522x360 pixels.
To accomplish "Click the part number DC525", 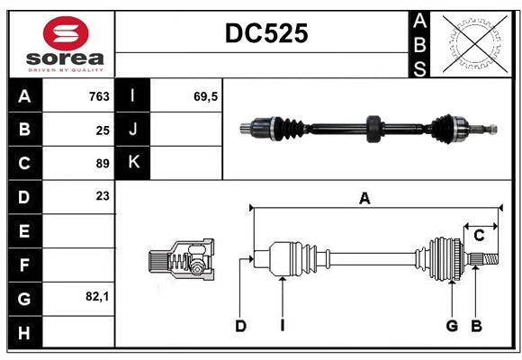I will tap(265, 33).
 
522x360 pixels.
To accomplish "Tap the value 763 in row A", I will tap(99, 96).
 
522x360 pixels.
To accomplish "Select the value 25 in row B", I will tap(103, 130).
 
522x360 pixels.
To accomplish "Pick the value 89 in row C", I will tap(103, 163).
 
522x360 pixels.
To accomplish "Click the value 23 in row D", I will tap(103, 196).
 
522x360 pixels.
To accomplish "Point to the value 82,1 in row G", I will tap(97, 295).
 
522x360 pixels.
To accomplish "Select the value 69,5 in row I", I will tap(206, 96).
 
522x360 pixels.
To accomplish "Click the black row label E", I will tap(24, 230).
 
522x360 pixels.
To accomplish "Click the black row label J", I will tap(133, 130).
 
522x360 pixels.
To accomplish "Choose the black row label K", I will tap(133, 163).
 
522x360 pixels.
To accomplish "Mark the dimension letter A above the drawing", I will tap(364, 199).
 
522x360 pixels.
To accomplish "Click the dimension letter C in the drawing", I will tap(479, 236).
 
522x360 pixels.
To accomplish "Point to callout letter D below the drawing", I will tap(240, 326).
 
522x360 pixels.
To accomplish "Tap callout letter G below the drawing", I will tap(452, 326).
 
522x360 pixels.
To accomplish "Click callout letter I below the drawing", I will tap(282, 326).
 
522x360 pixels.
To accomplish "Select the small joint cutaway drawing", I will tap(181, 260).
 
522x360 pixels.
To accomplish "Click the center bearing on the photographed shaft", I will tap(373, 129).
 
